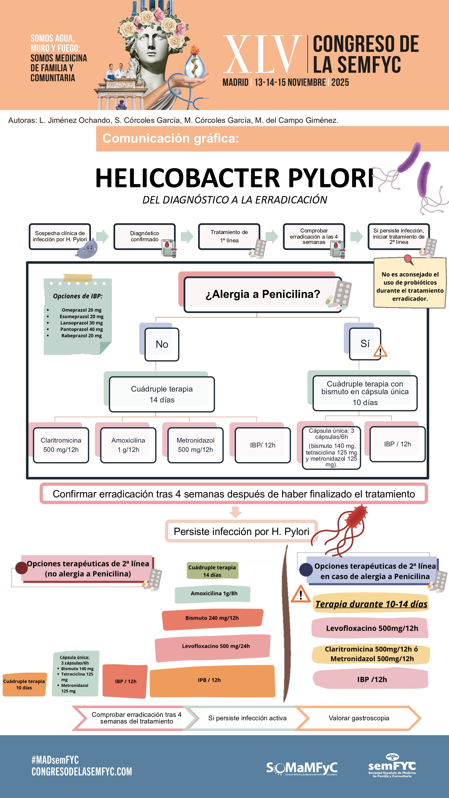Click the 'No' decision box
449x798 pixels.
(x=162, y=344)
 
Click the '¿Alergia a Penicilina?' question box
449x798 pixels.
(x=263, y=294)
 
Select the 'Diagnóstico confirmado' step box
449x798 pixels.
(x=144, y=236)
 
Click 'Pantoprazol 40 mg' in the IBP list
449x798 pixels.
(x=81, y=329)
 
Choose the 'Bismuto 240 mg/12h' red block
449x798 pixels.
(x=212, y=618)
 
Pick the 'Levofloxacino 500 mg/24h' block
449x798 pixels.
(x=216, y=646)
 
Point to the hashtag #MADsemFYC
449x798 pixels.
(x=55, y=760)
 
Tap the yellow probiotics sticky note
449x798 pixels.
(x=410, y=284)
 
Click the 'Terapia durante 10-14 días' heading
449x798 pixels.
(x=371, y=604)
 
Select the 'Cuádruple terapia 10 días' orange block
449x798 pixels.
(x=24, y=684)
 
